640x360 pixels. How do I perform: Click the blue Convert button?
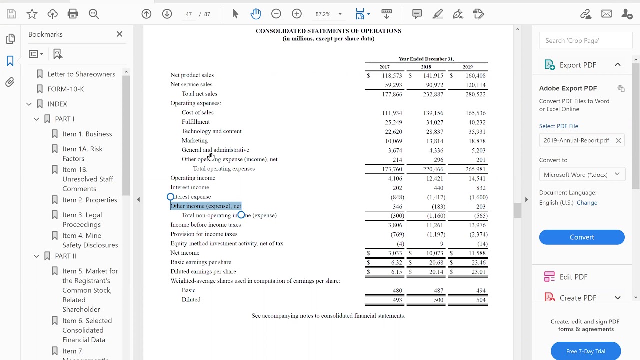[582, 237]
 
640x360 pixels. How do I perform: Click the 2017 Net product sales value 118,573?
[392, 76]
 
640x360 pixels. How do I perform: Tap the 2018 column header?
[426, 67]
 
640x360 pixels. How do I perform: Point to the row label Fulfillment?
[196, 122]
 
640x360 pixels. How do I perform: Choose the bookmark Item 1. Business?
[87, 134]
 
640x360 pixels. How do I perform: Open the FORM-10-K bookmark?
[65, 89]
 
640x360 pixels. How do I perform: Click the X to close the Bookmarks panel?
[119, 34]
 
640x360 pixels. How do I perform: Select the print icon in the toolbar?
[73, 14]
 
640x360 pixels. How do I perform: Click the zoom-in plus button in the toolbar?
[297, 14]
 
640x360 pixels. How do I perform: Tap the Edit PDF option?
[573, 277]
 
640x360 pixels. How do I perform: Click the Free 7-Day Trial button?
[585, 351]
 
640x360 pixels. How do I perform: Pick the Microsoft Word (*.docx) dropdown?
[582, 174]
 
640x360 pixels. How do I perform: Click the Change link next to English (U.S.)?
[587, 203]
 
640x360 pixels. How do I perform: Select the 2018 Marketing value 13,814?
[434, 141]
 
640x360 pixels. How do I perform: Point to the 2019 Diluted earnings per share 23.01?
[478, 272]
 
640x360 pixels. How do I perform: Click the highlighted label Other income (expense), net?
[206, 206]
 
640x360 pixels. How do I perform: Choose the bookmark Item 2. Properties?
[90, 200]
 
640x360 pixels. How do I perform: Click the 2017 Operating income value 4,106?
[395, 178]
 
